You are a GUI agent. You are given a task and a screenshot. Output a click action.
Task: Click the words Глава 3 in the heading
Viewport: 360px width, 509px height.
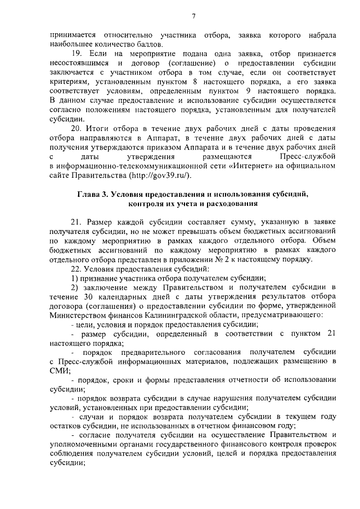coord(92,194)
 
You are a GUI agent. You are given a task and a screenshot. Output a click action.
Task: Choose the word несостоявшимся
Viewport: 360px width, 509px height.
coord(78,62)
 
